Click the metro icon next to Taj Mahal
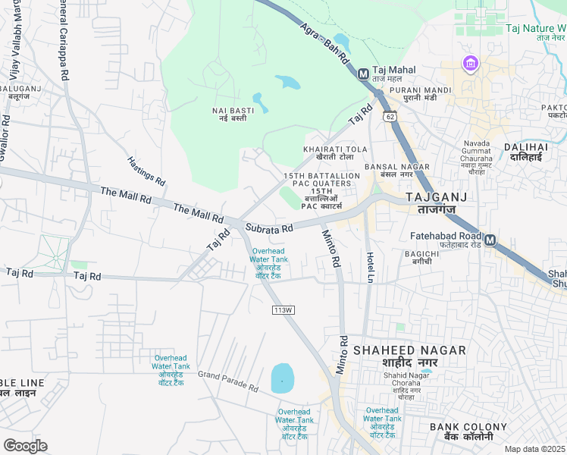(363, 74)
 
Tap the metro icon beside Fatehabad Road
(490, 240)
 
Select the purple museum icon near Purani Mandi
(471, 64)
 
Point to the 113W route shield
(283, 309)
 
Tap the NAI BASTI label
(233, 114)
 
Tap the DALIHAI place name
(525, 152)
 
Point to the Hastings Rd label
(146, 171)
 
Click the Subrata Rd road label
(269, 227)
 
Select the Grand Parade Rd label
(228, 381)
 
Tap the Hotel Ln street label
(371, 268)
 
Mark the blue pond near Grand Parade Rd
(282, 378)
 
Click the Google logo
(25, 445)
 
